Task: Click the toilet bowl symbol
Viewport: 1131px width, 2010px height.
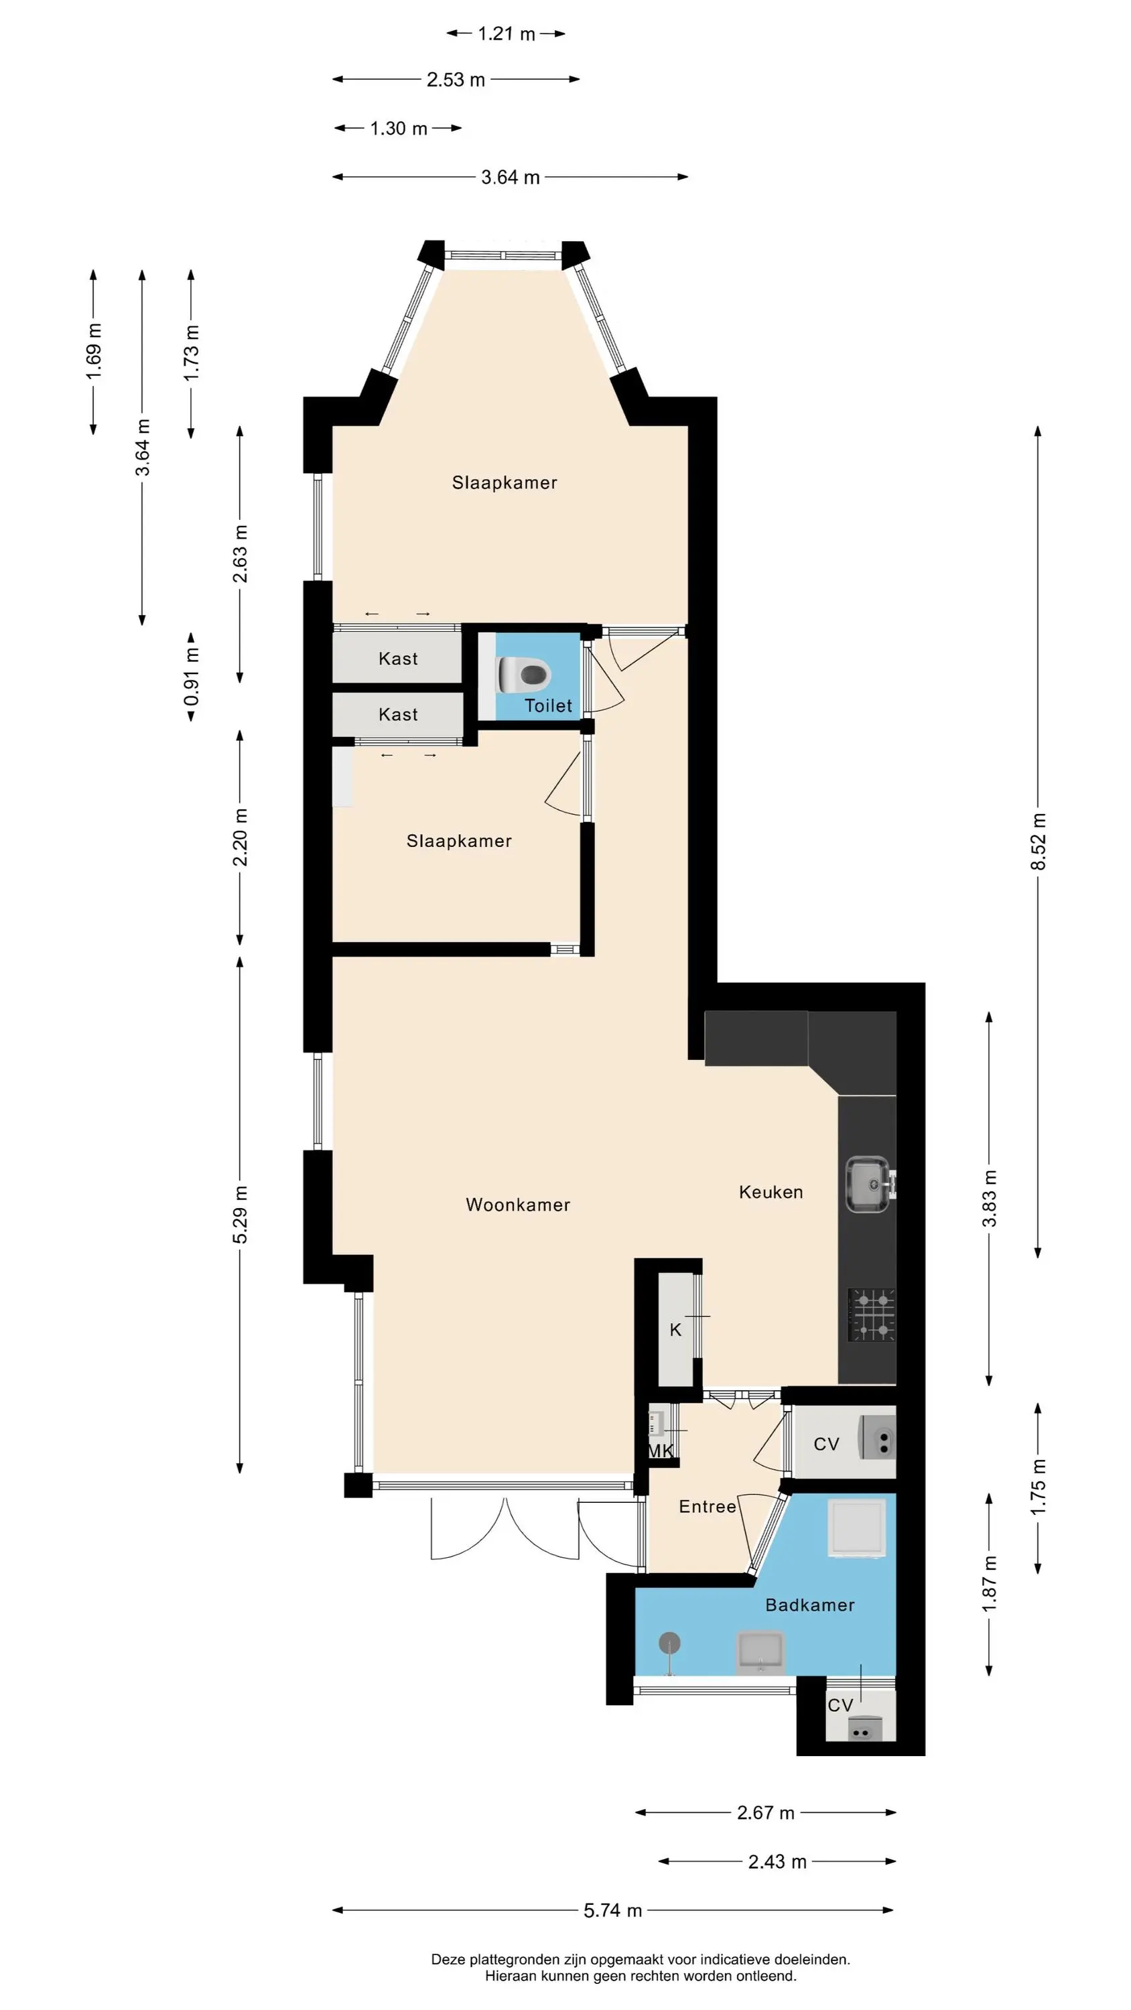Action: (524, 674)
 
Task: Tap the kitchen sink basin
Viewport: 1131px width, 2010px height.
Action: (868, 1185)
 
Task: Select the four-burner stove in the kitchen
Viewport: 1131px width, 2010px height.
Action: (871, 1314)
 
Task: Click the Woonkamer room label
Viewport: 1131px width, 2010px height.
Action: (517, 1205)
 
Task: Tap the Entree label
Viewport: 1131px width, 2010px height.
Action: (707, 1507)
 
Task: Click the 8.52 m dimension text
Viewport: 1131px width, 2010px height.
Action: (1037, 842)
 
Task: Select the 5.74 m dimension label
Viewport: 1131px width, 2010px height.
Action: (612, 1910)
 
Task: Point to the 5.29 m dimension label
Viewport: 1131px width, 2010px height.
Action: (240, 1215)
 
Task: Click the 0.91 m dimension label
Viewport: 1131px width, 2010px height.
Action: (191, 676)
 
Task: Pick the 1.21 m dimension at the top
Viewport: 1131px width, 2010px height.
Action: (507, 33)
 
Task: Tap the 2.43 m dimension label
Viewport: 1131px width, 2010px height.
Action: (777, 1861)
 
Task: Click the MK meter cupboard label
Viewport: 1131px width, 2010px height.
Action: (661, 1451)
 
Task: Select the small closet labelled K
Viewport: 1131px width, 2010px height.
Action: (676, 1329)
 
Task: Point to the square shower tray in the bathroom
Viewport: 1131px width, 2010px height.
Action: (857, 1527)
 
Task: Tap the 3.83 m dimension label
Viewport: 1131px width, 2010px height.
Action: (989, 1199)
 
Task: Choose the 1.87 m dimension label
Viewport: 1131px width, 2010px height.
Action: (989, 1585)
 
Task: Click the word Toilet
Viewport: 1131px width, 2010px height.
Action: (548, 706)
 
